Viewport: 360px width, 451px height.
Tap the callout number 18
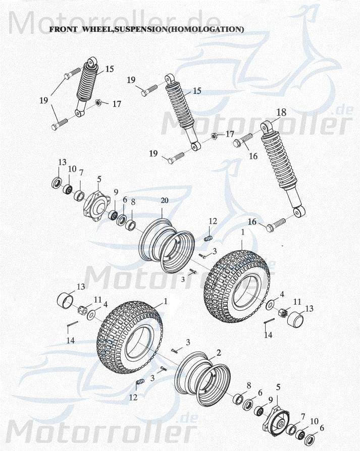click(x=281, y=112)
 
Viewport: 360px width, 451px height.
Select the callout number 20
click(x=164, y=200)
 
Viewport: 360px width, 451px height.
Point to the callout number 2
click(x=219, y=352)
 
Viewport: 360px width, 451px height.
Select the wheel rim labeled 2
click(x=202, y=378)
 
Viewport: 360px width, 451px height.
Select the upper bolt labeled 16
click(x=243, y=140)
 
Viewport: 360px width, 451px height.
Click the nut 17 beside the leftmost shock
click(x=99, y=103)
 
